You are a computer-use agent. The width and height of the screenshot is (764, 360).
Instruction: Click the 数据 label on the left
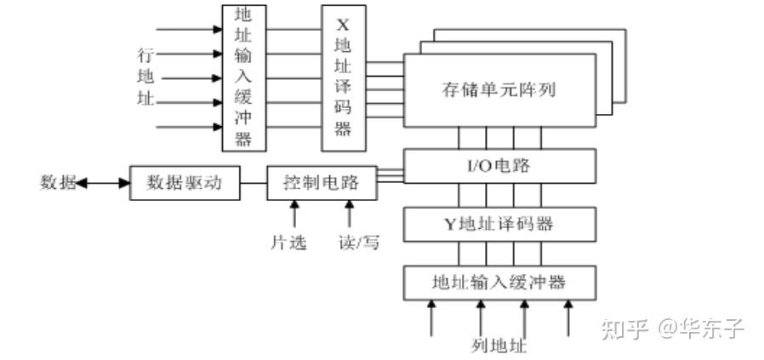pos(56,182)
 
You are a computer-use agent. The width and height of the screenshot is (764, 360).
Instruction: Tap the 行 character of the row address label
pos(145,56)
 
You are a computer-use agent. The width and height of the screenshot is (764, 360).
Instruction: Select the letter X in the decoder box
pos(343,23)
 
